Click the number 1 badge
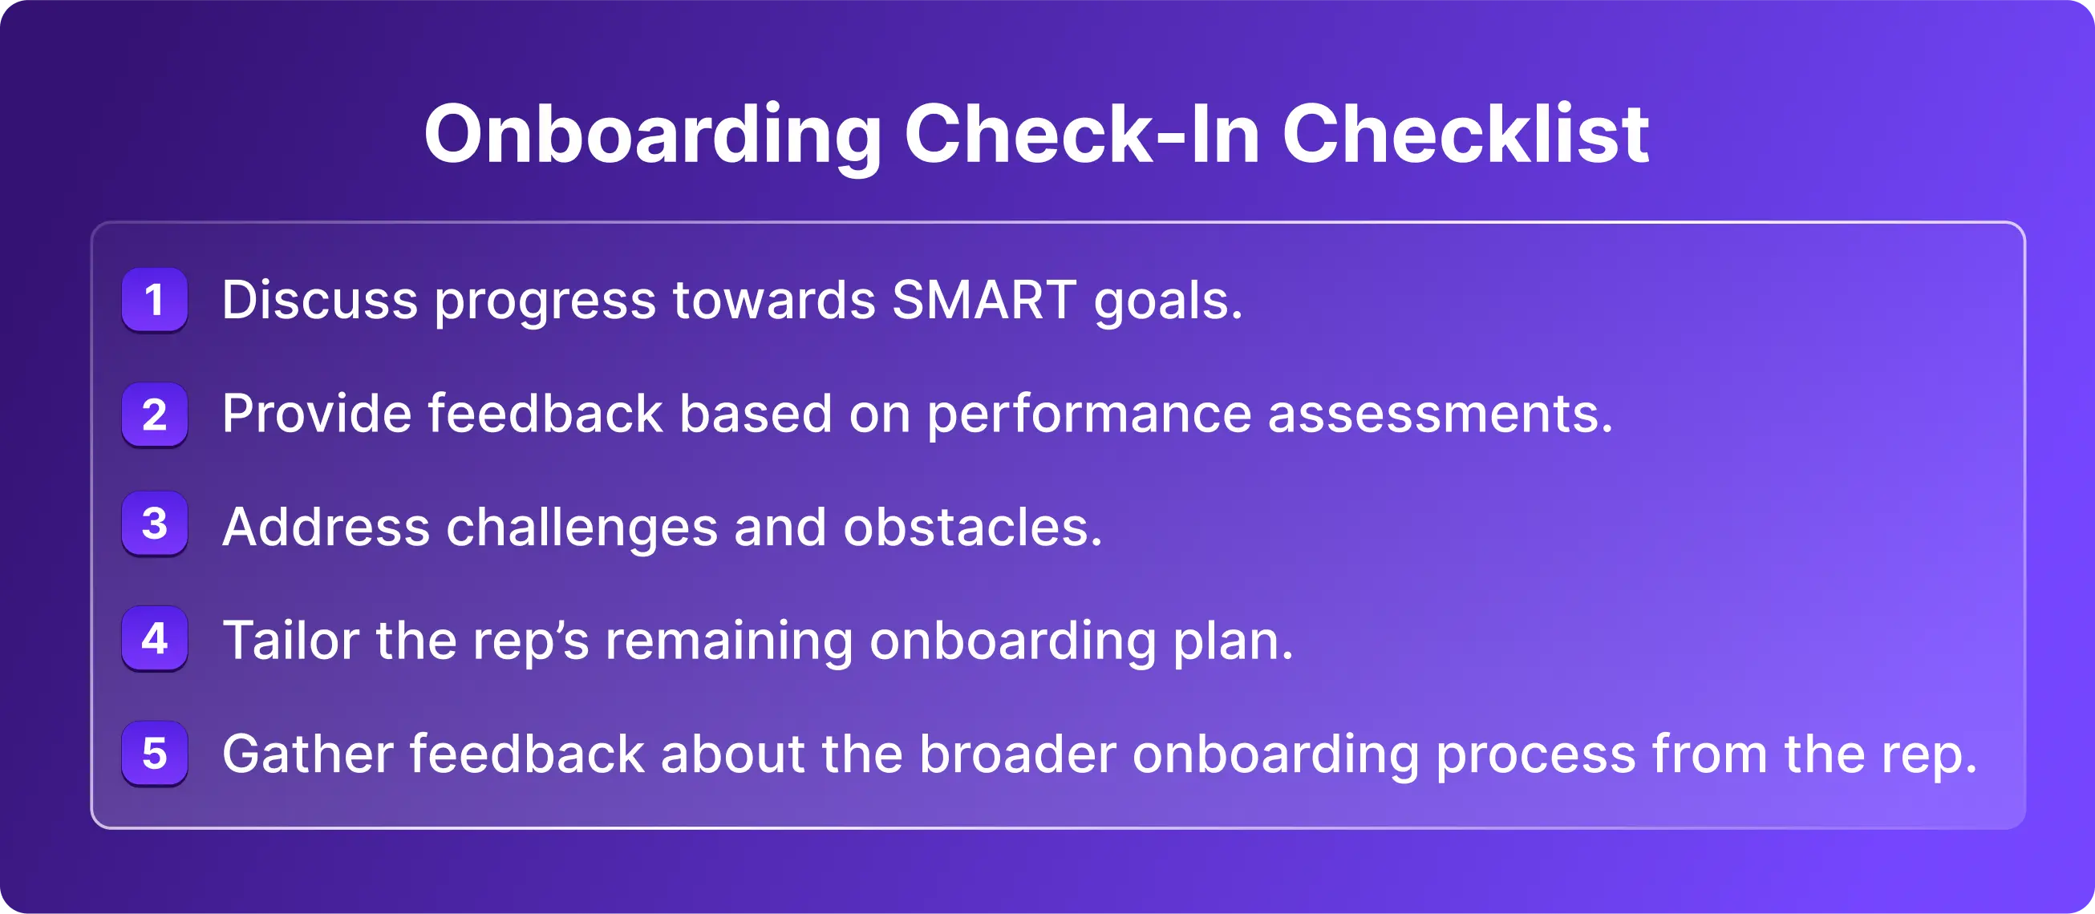click(x=155, y=299)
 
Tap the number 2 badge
click(x=155, y=414)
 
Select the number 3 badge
click(x=155, y=524)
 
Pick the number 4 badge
click(x=155, y=638)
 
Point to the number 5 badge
click(x=155, y=753)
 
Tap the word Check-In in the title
click(x=1083, y=134)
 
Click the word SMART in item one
click(x=984, y=299)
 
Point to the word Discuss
click(x=319, y=299)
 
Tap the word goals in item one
click(x=1168, y=303)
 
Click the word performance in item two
click(x=1089, y=415)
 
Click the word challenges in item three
click(x=582, y=529)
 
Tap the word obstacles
click(x=973, y=527)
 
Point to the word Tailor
click(x=291, y=641)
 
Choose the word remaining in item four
click(x=730, y=643)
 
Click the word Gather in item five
click(x=307, y=754)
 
